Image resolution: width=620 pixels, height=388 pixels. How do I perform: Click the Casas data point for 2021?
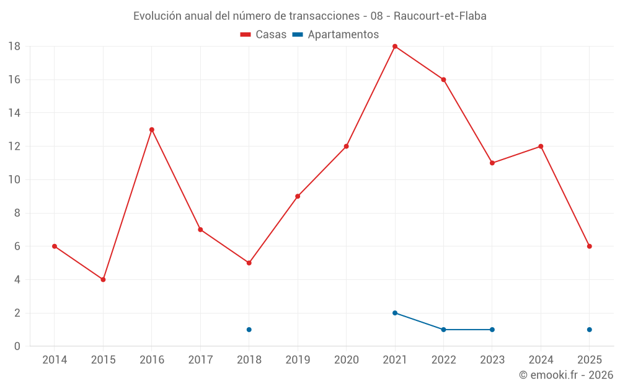[x=395, y=47]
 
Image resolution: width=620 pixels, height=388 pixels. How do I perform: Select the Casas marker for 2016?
[x=152, y=130]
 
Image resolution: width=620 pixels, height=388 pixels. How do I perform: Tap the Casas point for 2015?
[x=103, y=279]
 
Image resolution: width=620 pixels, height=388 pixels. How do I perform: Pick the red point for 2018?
[x=249, y=263]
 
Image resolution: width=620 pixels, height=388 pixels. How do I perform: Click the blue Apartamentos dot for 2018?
[x=249, y=330]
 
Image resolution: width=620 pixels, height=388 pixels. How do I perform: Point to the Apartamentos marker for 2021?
[x=395, y=313]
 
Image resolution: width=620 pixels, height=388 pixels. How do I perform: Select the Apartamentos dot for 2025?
[x=590, y=330]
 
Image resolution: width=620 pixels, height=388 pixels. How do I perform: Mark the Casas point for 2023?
[x=492, y=163]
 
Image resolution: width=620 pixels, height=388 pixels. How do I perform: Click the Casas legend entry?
[x=263, y=35]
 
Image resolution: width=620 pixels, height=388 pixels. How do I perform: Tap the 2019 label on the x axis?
[x=298, y=359]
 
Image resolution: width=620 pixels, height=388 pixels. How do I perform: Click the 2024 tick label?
[x=541, y=359]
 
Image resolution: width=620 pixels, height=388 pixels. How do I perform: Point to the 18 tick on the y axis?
[x=14, y=47]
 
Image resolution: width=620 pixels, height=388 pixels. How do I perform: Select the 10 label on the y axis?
[x=14, y=180]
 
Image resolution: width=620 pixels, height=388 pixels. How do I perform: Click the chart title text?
[x=310, y=16]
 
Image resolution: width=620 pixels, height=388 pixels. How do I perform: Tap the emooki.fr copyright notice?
[x=566, y=375]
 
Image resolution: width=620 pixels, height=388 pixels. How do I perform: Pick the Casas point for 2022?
[x=443, y=79]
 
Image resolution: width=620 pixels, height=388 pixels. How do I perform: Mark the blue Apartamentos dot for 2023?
[x=492, y=330]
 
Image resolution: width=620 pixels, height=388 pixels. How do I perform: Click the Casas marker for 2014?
[x=55, y=246]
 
